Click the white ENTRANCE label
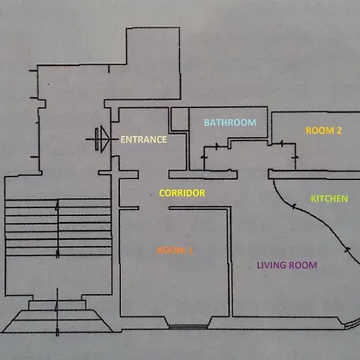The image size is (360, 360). pos(143,140)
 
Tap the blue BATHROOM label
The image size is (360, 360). pos(230,123)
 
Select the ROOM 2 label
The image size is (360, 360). pos(323,130)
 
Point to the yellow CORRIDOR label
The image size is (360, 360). pos(182,193)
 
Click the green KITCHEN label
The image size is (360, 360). pos(329,199)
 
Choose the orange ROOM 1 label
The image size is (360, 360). pos(175,250)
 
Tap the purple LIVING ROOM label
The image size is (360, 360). pos(287,265)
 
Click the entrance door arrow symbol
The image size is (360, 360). pos(102,140)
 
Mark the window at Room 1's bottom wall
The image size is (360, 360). pos(188,327)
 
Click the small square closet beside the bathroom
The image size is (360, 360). pos(180,119)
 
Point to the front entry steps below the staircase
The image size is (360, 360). pos(57,316)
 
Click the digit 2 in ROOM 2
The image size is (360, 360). pos(339,130)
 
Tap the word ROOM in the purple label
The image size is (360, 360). pos(303,265)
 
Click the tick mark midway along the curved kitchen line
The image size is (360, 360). pos(294,206)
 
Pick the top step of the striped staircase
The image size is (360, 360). pos(58,203)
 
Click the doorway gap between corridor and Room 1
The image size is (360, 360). pos(154,208)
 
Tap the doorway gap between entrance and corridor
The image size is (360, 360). pos(153,174)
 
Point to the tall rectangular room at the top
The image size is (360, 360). pos(153,63)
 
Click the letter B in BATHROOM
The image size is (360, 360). pos(207,123)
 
